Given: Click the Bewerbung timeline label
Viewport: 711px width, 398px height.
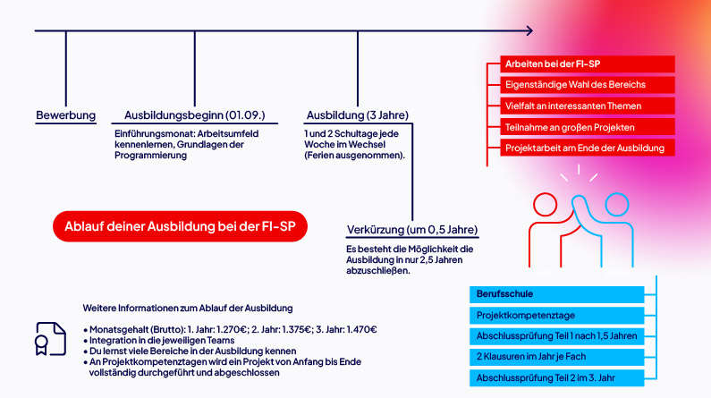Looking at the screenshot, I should tap(65, 115).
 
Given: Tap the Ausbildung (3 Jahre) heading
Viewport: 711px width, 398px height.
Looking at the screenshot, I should tap(357, 115).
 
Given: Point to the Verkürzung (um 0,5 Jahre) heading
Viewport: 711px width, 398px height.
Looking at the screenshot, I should tap(411, 229).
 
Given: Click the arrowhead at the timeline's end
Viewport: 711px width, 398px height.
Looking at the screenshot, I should tap(528, 30).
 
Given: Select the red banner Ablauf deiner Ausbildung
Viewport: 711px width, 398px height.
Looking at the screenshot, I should tap(180, 226).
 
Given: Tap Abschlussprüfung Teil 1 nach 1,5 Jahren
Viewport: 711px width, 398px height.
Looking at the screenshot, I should tap(556, 336).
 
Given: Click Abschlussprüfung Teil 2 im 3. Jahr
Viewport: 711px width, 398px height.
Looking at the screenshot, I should tap(556, 377).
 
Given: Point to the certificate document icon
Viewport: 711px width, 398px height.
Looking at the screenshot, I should tap(51, 339).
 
